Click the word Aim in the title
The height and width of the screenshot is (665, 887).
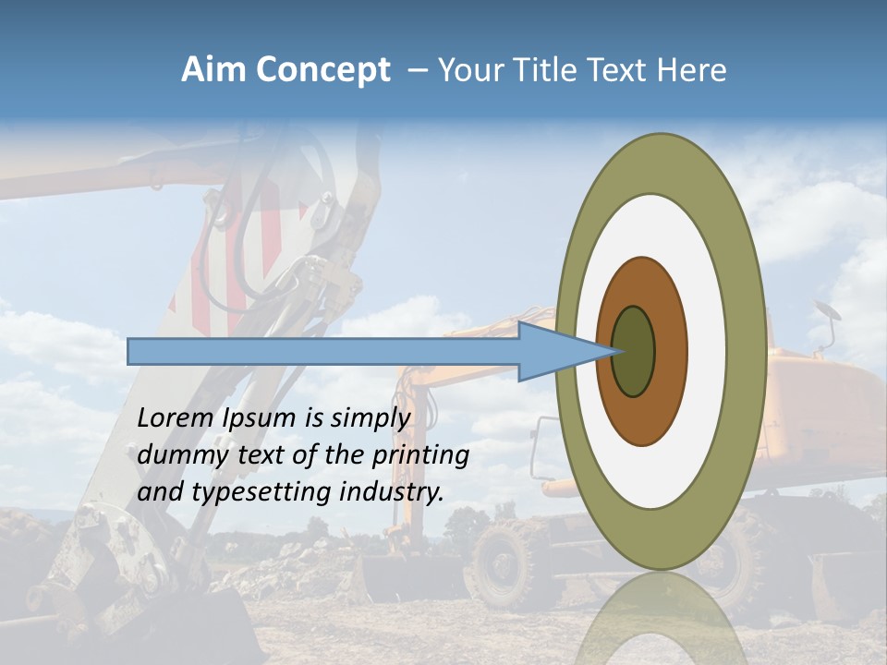coord(214,70)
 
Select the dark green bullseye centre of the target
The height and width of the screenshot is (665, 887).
coord(634,351)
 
